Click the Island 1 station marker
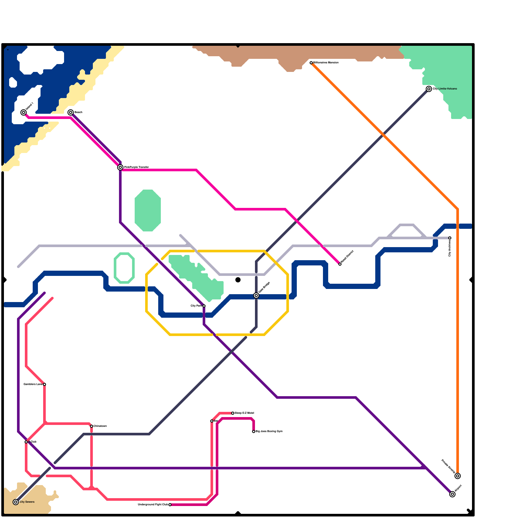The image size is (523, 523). coord(24,112)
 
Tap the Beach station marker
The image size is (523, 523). coord(71,112)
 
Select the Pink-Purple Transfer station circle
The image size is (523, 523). coord(120,167)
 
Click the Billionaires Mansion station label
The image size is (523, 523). coord(326,62)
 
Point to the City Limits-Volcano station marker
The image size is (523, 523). coord(429,89)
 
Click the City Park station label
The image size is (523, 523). coord(196,306)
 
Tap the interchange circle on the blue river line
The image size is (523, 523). coord(256,295)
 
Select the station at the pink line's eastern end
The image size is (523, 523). coord(340,264)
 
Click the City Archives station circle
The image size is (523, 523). coord(450,238)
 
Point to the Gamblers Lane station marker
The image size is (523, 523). coord(44,384)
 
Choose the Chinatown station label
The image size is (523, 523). coord(100,426)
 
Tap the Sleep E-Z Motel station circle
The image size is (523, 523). coord(233,413)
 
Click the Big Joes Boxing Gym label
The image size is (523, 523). coord(269,431)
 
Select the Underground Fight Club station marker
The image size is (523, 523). coord(170,505)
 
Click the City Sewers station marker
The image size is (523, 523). coord(16,502)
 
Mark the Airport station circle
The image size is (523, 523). coord(452,494)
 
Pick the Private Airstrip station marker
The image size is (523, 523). coord(458,476)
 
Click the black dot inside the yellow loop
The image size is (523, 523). coord(238,280)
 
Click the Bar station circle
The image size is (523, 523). coord(212,421)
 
